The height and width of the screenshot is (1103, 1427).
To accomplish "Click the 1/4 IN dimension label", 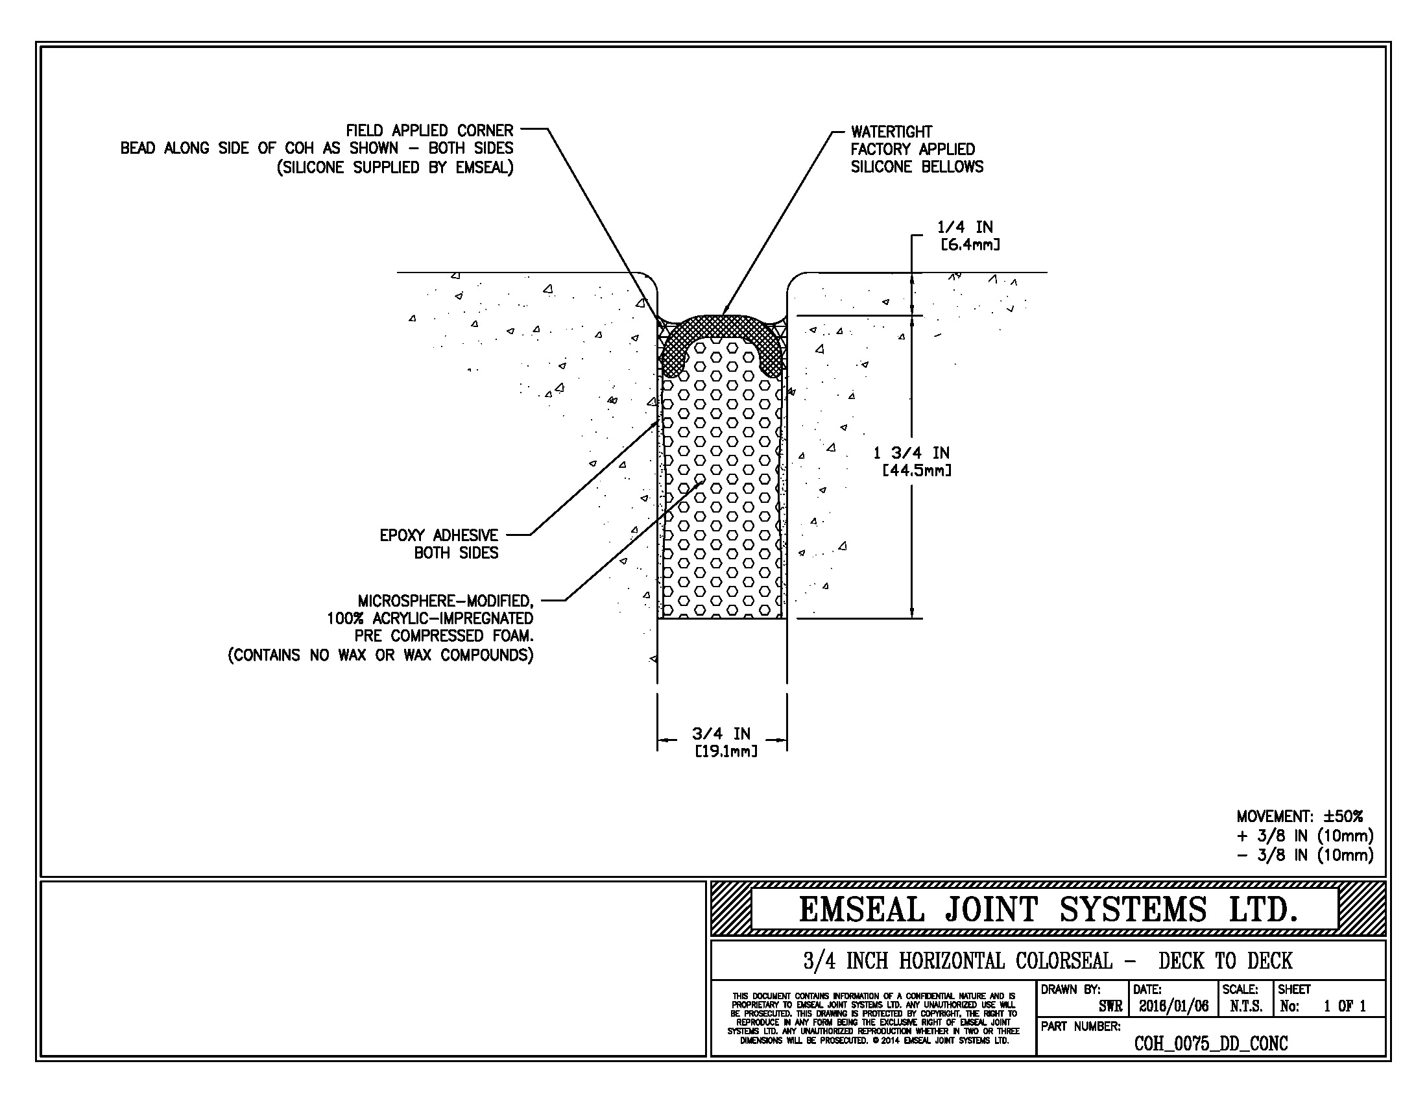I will [965, 227].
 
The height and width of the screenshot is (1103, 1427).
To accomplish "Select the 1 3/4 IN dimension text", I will [911, 453].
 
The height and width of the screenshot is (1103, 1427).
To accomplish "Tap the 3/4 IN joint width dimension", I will [721, 734].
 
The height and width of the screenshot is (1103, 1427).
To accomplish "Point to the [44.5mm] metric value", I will [917, 470].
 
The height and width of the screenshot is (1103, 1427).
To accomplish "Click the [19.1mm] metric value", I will [726, 751].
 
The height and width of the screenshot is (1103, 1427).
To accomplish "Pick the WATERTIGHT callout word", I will [891, 132].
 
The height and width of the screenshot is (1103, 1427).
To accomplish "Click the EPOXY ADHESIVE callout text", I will [438, 536].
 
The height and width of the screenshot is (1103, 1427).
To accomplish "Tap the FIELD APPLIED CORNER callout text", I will [429, 130].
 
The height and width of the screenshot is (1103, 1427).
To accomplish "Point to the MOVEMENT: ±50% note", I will [1300, 816].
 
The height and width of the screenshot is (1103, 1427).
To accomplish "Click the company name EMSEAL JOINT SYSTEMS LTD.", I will [1048, 910].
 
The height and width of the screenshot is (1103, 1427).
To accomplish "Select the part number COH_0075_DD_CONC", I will [1211, 1043].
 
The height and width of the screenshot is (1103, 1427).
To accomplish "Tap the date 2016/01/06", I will [1173, 1006].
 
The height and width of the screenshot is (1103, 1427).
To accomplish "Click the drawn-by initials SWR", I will [1110, 1006].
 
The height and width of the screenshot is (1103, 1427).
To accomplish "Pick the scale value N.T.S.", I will [1245, 1006].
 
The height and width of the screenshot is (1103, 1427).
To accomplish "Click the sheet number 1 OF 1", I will [1345, 1006].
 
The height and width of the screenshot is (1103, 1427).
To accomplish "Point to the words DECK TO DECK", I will [1225, 960].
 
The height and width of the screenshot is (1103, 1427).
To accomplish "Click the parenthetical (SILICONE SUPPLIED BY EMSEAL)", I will [394, 168].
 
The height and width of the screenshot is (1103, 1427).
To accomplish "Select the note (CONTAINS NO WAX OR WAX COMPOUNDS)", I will [380, 655].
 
